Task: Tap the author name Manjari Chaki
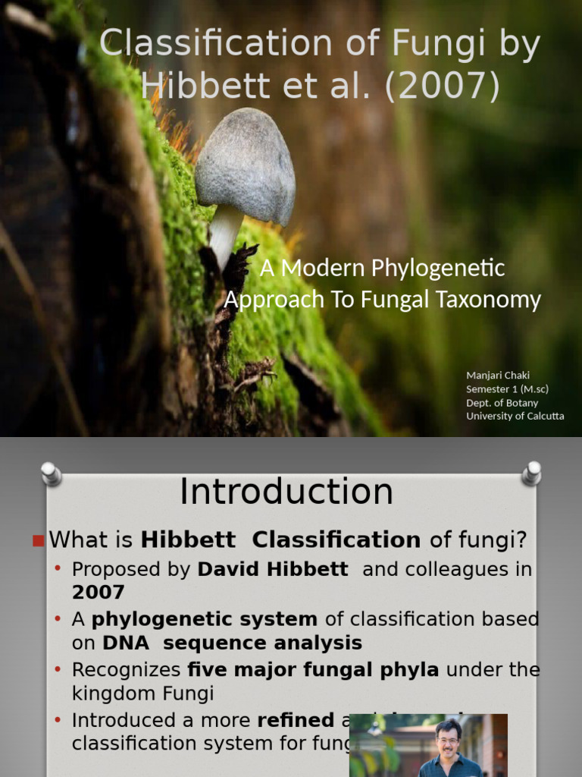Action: pos(498,375)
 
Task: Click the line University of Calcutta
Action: pos(515,416)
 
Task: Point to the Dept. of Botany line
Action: pos(502,402)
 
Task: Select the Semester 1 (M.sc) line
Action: pos(507,388)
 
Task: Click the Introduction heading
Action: pos(286,492)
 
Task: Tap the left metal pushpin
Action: pos(51,473)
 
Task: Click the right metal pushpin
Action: pos(531,473)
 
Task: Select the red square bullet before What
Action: pos(38,540)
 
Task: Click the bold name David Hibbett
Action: pos(273,569)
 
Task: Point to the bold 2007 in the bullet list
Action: pos(99,592)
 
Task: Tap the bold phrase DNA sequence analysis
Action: pos(233,643)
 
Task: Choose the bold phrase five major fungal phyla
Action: pos(313,670)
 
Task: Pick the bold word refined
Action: pos(296,719)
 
